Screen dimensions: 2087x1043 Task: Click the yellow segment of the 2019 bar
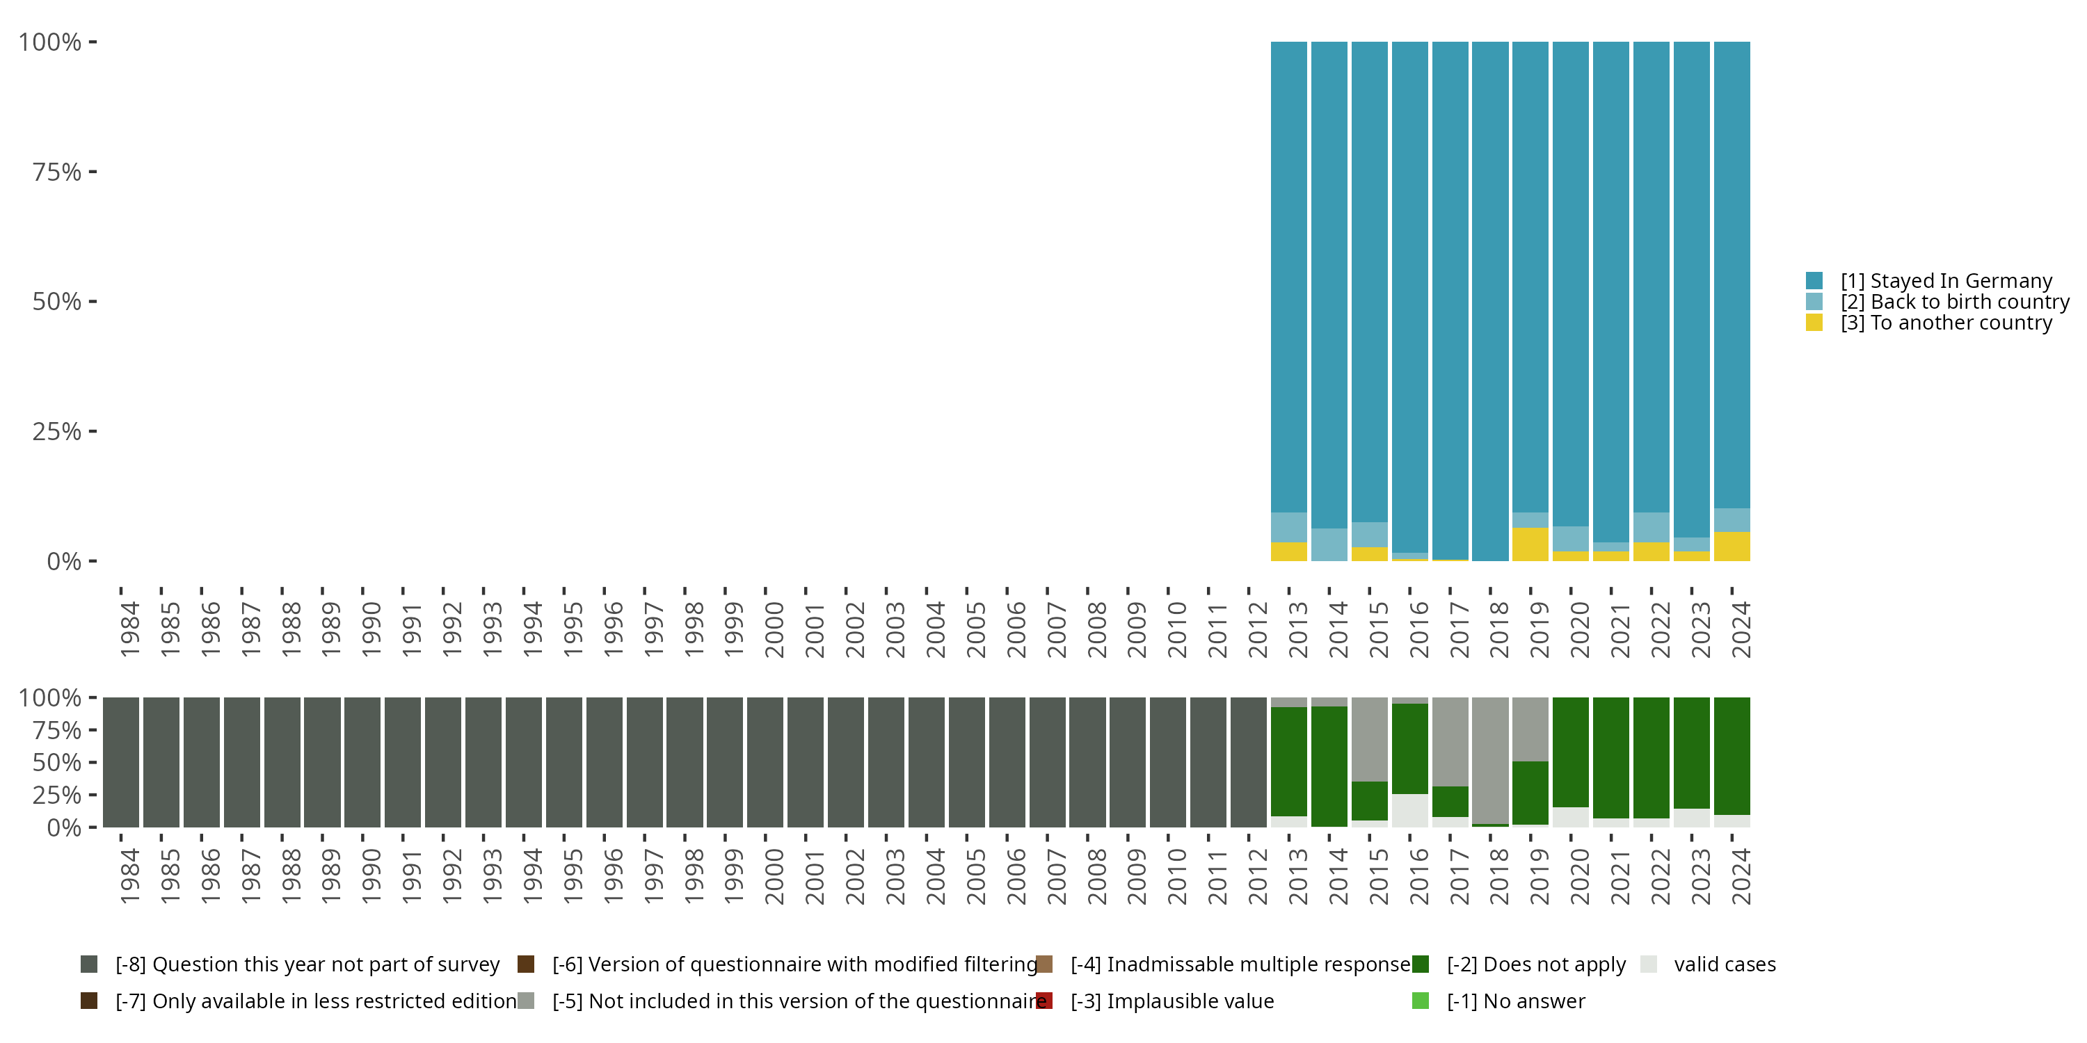[1530, 544]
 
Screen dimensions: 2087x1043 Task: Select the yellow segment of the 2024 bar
[1732, 547]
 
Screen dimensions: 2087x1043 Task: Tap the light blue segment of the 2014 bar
[1329, 545]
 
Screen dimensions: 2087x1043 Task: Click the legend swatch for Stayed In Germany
[1814, 281]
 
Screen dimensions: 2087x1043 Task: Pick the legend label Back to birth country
[1955, 302]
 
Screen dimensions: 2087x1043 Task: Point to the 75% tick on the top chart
[93, 172]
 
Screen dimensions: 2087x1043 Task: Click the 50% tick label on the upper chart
[57, 302]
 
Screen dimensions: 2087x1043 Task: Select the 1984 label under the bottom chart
[129, 877]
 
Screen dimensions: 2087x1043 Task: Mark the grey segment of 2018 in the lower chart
[1490, 761]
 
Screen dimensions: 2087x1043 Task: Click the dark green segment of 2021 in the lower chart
[1610, 758]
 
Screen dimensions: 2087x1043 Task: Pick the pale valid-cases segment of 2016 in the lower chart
[1409, 811]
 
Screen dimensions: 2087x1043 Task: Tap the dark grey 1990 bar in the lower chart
[362, 762]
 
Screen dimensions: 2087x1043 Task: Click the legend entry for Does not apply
[1519, 964]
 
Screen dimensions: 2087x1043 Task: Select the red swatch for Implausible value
[1044, 1001]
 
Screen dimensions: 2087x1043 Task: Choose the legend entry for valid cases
[1708, 964]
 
